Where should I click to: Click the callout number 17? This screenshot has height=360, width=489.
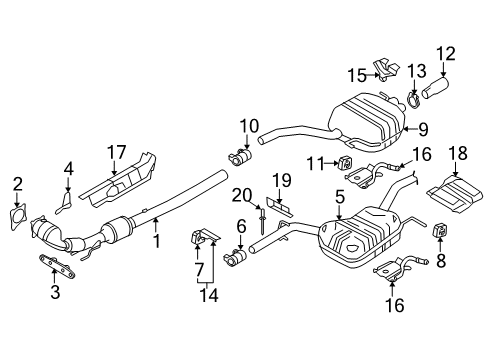click(116, 152)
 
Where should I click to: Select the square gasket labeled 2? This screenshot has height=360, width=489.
click(18, 217)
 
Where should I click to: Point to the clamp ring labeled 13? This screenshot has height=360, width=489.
click(414, 100)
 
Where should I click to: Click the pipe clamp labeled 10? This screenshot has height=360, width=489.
click(240, 158)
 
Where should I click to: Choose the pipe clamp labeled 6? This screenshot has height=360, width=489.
click(235, 258)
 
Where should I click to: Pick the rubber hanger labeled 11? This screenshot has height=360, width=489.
click(345, 163)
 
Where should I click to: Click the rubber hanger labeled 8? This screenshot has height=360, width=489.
click(440, 231)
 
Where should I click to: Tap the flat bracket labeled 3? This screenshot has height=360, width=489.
click(57, 265)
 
